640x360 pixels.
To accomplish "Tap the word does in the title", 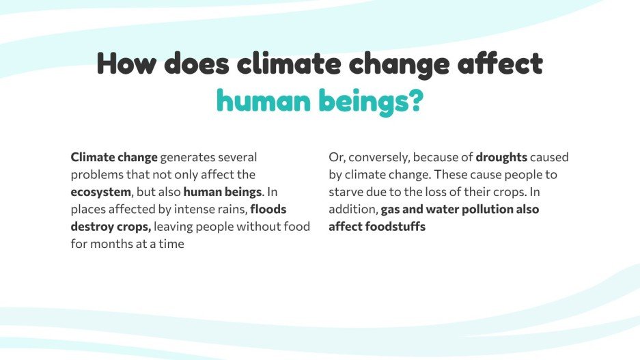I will click(197, 64).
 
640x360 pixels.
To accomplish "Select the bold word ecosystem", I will click(100, 192).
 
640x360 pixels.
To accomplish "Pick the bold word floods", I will click(268, 209).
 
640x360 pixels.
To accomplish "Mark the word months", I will click(114, 243).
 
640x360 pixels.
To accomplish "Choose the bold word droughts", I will click(501, 158).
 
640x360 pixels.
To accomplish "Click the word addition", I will click(352, 209).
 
